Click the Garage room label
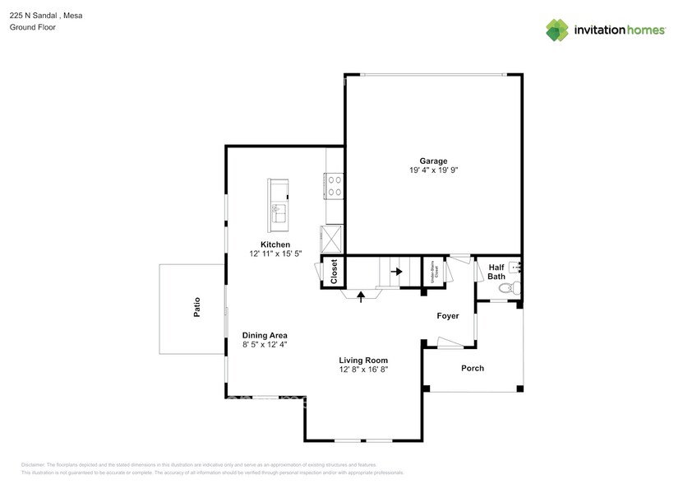click(433, 161)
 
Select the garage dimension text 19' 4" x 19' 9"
click(433, 171)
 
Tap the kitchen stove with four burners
click(335, 185)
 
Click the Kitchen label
click(275, 244)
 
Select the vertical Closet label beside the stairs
click(334, 272)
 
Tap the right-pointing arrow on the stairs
click(396, 271)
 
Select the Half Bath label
click(496, 272)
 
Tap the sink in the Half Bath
click(515, 267)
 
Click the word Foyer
click(448, 315)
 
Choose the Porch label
click(473, 368)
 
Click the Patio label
click(197, 307)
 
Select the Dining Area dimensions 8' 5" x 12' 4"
click(265, 346)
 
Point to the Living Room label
click(363, 360)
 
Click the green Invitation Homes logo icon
click(557, 30)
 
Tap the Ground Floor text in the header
click(32, 27)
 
